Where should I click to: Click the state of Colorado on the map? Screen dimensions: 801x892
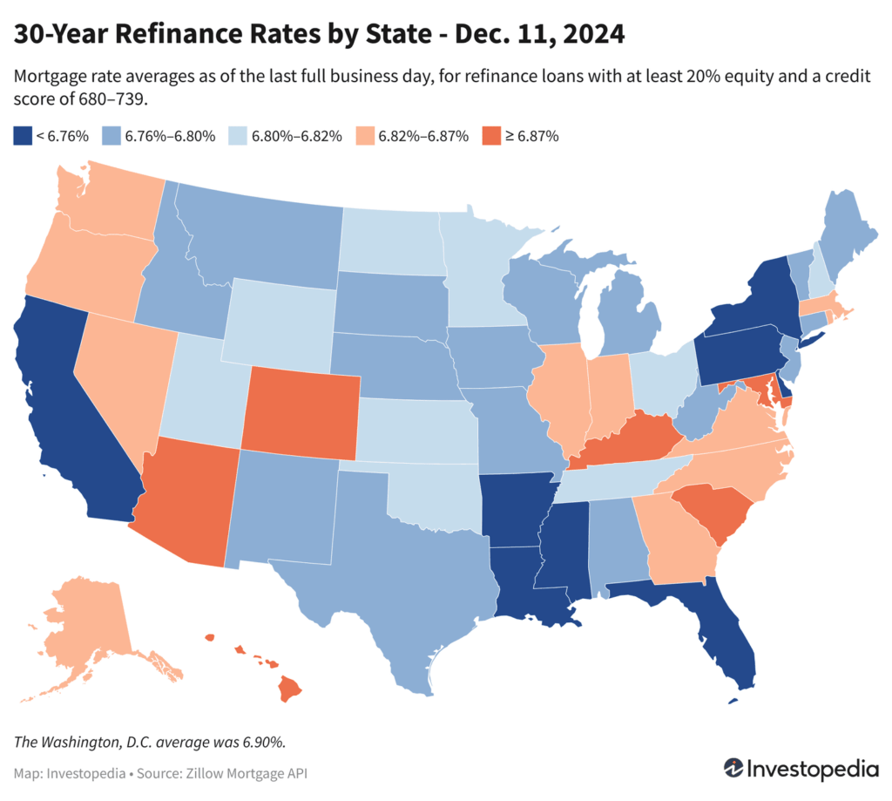[302, 412]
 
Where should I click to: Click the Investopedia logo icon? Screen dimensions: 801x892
[735, 770]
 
